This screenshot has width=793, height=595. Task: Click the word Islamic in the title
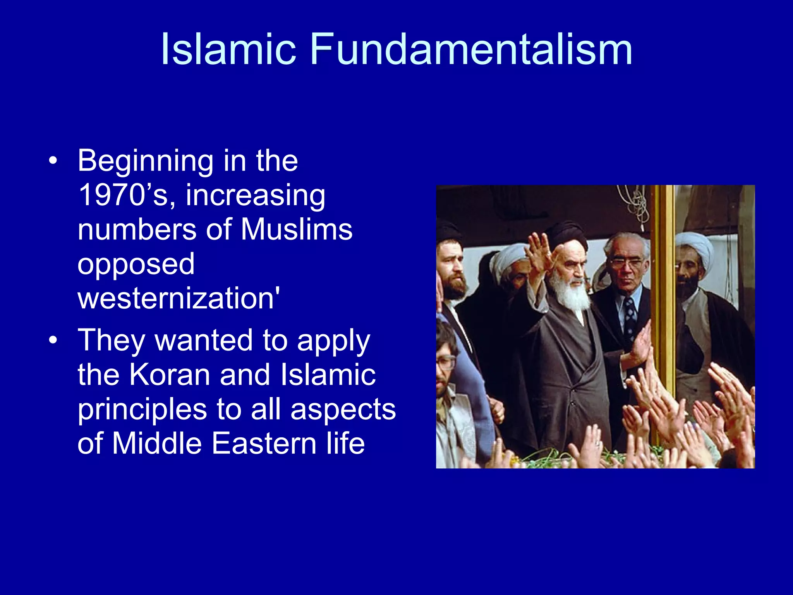coord(228,50)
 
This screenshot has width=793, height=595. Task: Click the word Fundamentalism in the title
coord(471,50)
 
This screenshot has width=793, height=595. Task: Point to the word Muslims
coord(297,229)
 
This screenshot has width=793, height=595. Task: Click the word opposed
coord(136,264)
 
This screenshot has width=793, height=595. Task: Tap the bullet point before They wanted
coord(53,340)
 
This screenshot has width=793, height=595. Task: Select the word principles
coord(142,409)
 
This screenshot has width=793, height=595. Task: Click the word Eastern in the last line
coord(264,443)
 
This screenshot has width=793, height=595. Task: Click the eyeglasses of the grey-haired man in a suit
coord(626,263)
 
